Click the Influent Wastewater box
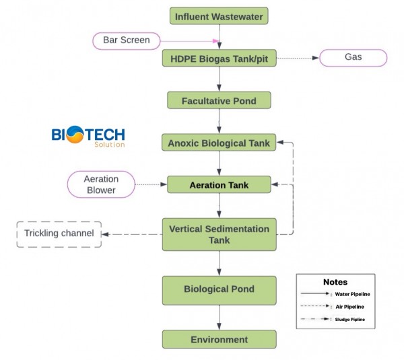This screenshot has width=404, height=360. click(219, 16)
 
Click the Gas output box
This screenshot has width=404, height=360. click(353, 58)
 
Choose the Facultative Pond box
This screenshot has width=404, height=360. click(219, 101)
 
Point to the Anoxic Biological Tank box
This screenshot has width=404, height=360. click(219, 143)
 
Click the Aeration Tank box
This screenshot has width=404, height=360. click(219, 184)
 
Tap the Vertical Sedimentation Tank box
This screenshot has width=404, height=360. click(219, 235)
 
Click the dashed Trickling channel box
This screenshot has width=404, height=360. click(58, 233)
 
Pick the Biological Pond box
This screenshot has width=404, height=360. click(219, 289)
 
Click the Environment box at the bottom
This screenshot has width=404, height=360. click(219, 339)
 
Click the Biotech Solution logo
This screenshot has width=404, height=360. click(88, 137)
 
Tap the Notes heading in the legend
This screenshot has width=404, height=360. click(335, 283)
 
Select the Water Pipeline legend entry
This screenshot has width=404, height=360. click(335, 294)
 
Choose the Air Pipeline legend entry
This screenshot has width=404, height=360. click(335, 306)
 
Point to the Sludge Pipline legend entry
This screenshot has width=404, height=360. click(335, 319)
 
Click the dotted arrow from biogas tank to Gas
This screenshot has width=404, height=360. click(297, 59)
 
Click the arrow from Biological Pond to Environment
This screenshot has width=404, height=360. click(219, 317)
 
